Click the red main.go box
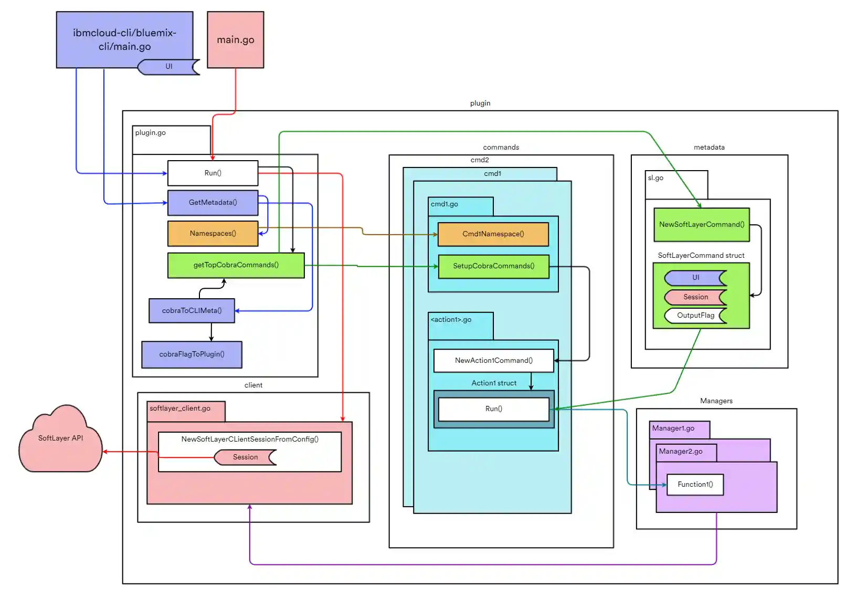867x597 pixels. tap(235, 40)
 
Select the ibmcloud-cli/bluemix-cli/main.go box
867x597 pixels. tap(124, 39)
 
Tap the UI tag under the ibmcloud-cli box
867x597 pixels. tap(169, 67)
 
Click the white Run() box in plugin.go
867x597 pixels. tap(213, 173)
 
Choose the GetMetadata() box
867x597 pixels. tap(213, 203)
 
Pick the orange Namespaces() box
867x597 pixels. tap(213, 234)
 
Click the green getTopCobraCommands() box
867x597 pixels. tap(236, 265)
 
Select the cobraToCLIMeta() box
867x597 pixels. tap(192, 311)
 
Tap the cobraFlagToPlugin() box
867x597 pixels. tap(192, 354)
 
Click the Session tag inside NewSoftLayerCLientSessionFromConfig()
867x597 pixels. tap(245, 457)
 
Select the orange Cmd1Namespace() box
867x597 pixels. tap(493, 234)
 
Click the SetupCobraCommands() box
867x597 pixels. tap(493, 266)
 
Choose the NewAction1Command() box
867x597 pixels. tap(493, 361)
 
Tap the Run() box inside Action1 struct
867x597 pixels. tap(493, 409)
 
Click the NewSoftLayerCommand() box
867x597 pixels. tap(701, 225)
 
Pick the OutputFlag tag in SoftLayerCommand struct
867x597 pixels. tap(695, 316)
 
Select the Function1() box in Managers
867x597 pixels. tap(695, 485)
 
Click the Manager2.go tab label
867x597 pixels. tap(681, 452)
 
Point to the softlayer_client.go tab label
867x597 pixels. tap(180, 409)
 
